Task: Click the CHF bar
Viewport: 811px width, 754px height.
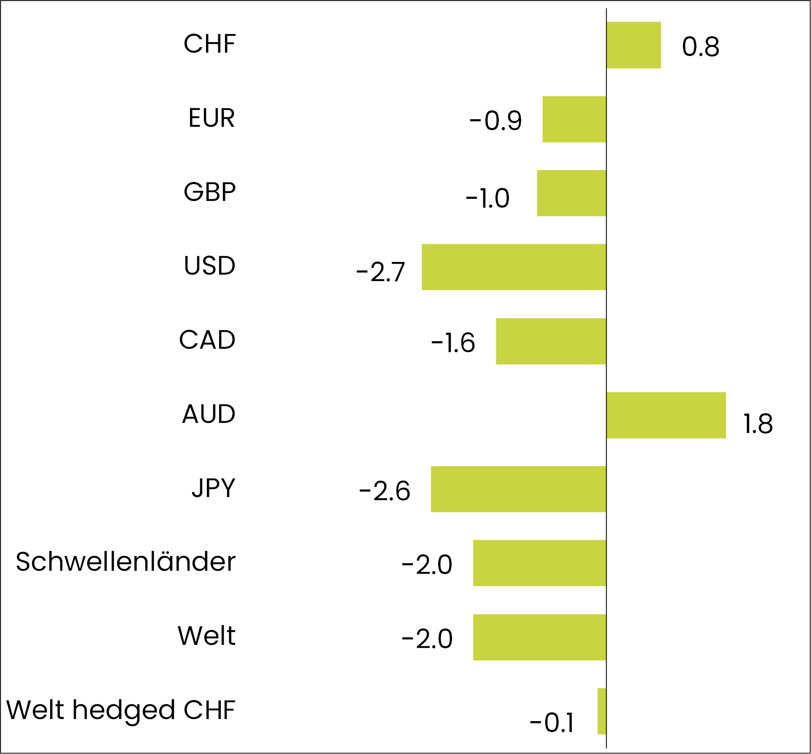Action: pyautogui.click(x=633, y=45)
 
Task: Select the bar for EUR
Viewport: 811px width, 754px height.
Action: pyautogui.click(x=574, y=119)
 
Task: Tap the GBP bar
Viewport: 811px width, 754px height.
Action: pyautogui.click(x=571, y=193)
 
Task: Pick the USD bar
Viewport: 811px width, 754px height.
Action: pyautogui.click(x=514, y=267)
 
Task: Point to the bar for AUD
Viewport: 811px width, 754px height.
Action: pyautogui.click(x=666, y=415)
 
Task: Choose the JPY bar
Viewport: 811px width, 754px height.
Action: pyautogui.click(x=518, y=489)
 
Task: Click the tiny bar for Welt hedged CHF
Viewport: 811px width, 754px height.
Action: pyautogui.click(x=602, y=711)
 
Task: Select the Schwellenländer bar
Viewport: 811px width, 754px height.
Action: pyautogui.click(x=539, y=563)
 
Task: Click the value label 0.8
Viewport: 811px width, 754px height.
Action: pyautogui.click(x=700, y=47)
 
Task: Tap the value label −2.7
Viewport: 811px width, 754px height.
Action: pyautogui.click(x=380, y=272)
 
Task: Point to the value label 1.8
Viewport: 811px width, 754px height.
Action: pyautogui.click(x=757, y=424)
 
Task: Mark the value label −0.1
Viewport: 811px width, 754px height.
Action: pyautogui.click(x=551, y=723)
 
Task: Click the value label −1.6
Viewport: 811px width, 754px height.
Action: pyautogui.click(x=453, y=342)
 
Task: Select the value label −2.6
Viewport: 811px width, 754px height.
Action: pyautogui.click(x=384, y=491)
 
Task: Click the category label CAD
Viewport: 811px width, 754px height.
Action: pyautogui.click(x=207, y=340)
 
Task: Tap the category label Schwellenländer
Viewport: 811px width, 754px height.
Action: pyautogui.click(x=126, y=562)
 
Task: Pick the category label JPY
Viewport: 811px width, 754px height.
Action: pyautogui.click(x=213, y=488)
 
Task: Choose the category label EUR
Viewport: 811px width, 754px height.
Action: pyautogui.click(x=211, y=118)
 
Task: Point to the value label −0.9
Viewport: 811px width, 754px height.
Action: pyautogui.click(x=495, y=121)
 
